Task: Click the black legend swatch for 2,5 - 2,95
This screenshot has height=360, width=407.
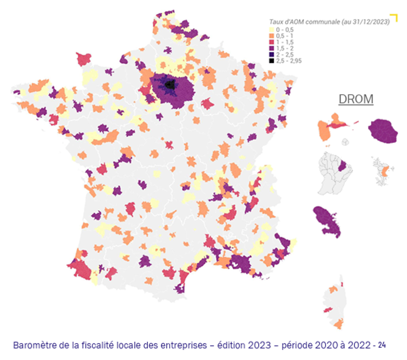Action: pos(273,60)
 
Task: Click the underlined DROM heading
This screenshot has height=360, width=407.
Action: pos(356,99)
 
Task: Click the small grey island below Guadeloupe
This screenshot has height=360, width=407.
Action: pos(345,141)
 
